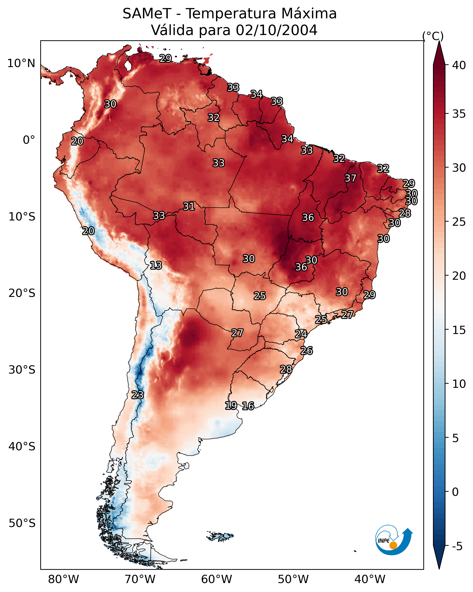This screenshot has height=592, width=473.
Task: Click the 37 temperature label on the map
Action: (350, 178)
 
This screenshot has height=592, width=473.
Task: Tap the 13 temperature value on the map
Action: (156, 265)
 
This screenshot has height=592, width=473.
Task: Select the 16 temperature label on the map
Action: (248, 406)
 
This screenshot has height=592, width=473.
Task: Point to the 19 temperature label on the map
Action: (231, 405)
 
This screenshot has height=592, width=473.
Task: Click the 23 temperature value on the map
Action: (137, 395)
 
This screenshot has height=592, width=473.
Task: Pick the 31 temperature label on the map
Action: (189, 206)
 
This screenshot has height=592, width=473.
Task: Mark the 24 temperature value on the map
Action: (301, 334)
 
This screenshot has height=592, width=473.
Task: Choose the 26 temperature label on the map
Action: (306, 351)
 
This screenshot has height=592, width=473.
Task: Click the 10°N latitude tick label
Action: (21, 63)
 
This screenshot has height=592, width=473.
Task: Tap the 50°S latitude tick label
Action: (22, 523)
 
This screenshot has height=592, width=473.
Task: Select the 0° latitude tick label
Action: (29, 140)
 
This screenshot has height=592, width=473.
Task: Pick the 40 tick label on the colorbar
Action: (459, 65)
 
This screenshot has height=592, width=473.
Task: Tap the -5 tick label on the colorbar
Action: (457, 546)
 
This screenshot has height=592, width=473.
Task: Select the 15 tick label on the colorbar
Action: (459, 330)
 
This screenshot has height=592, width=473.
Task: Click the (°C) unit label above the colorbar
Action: (433, 36)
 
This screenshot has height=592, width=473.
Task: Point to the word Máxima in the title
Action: (309, 14)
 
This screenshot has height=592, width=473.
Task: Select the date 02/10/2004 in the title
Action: (276, 30)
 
